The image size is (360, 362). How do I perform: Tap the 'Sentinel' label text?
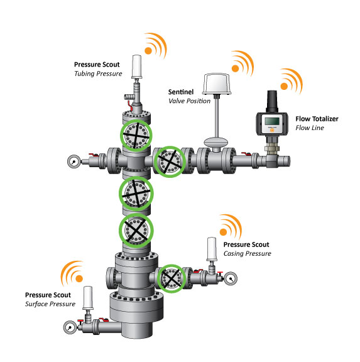pos(182,91)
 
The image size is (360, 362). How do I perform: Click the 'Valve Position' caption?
pos(188,101)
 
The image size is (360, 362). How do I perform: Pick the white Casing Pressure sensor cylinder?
pos(212,250)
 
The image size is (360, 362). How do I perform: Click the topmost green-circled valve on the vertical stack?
pos(136,136)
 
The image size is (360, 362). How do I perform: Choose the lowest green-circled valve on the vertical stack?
pos(136,231)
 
